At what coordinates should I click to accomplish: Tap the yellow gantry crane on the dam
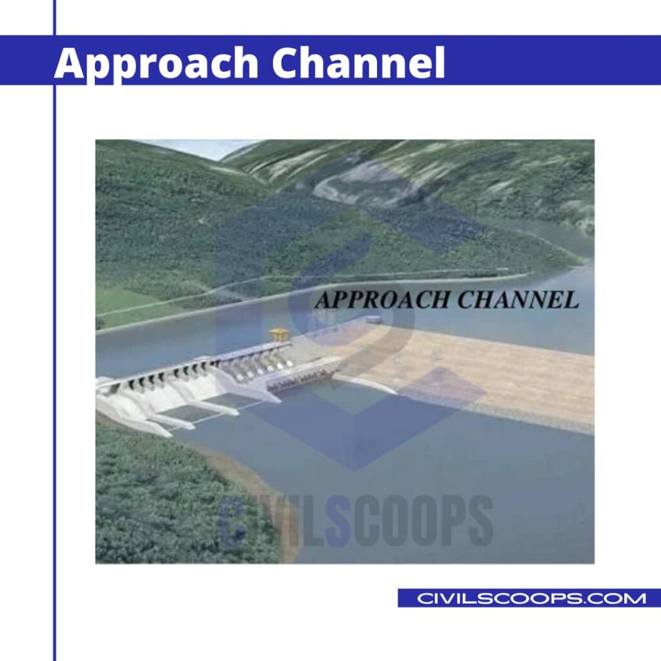coord(279,334)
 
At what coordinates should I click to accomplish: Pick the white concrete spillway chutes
coord(161,400)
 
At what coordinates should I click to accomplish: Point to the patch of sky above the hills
coord(194,147)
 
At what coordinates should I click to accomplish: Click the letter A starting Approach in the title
coord(70,63)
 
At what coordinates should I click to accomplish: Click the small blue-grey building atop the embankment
coord(373,318)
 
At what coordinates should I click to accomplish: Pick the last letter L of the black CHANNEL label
coord(569,300)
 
